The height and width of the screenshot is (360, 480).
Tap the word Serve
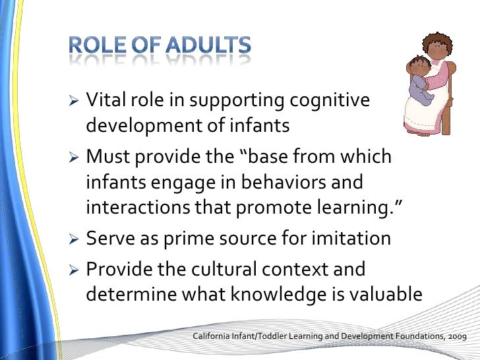pyautogui.click(x=109, y=239)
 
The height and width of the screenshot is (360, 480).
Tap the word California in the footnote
pyautogui.click(x=215, y=337)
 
